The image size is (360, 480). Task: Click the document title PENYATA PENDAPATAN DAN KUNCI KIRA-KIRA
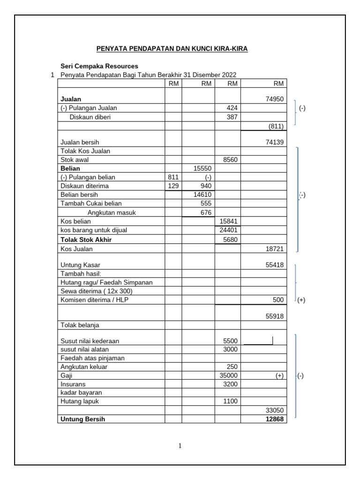point(172,49)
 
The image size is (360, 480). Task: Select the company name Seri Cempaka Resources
point(99,66)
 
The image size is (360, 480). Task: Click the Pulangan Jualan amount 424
point(232,108)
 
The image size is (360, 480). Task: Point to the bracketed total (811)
point(276,127)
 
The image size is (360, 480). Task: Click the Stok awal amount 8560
point(230,160)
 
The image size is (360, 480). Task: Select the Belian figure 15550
point(202,168)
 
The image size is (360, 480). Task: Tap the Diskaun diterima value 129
point(173,186)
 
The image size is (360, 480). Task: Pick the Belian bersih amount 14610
point(202,195)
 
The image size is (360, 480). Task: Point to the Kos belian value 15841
point(228,221)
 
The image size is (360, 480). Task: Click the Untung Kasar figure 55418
point(274,265)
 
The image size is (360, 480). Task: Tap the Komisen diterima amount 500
point(278,300)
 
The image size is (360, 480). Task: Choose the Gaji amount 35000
point(228,376)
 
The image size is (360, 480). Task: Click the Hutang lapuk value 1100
point(230,401)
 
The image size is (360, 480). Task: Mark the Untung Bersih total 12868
point(274,420)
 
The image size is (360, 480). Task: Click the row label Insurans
point(73,384)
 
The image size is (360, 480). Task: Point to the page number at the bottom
point(180,446)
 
